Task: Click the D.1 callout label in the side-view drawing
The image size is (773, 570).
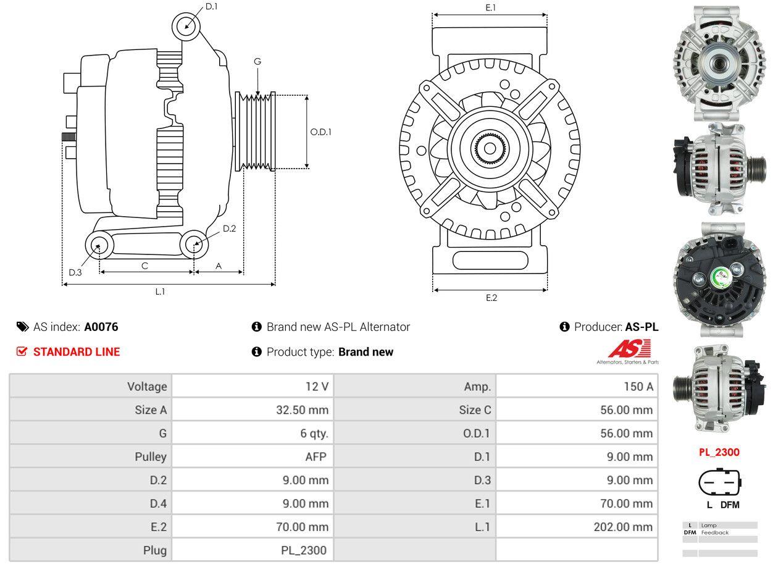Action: click(x=212, y=6)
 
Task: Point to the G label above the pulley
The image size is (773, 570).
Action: click(x=257, y=61)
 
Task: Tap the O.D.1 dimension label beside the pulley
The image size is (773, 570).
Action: click(x=320, y=132)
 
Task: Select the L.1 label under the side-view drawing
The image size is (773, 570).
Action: click(x=160, y=291)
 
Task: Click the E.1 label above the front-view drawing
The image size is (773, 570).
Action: click(x=491, y=7)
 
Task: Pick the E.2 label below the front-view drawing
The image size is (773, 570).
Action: click(x=491, y=298)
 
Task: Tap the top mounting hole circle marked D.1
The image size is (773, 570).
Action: click(x=185, y=26)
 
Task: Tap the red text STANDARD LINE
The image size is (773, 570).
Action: click(x=77, y=352)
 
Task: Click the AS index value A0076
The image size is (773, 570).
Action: click(x=101, y=327)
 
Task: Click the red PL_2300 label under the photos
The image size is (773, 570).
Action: click(x=719, y=452)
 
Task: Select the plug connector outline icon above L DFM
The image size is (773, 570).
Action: click(x=719, y=482)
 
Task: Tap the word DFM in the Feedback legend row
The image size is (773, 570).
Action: click(x=690, y=532)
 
